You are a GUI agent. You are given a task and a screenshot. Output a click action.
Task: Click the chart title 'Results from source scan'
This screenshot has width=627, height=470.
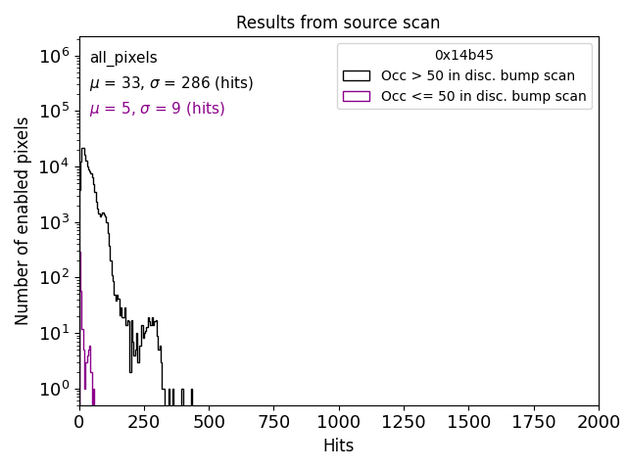click(x=338, y=23)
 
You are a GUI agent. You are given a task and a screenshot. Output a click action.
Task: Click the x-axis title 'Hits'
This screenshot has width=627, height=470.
click(x=338, y=446)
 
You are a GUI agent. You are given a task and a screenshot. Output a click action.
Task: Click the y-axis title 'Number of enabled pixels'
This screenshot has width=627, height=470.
click(x=23, y=220)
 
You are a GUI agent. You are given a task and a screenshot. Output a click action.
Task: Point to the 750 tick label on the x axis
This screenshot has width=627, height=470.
click(x=273, y=421)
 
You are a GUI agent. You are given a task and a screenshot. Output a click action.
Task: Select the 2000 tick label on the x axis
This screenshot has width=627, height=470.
click(x=598, y=421)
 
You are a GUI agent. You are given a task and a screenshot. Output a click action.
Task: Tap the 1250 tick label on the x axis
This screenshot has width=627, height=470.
click(x=403, y=421)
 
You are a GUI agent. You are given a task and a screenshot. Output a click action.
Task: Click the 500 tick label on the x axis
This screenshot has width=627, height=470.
click(x=209, y=421)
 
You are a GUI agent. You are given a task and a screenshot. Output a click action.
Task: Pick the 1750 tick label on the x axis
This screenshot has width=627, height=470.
click(x=533, y=421)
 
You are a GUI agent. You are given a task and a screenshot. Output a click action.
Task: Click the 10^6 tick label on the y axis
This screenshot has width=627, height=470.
click(x=53, y=57)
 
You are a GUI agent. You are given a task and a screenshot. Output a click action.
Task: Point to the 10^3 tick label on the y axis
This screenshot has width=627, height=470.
click(x=53, y=223)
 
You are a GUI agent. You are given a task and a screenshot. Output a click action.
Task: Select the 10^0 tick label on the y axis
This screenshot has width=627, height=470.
click(x=53, y=390)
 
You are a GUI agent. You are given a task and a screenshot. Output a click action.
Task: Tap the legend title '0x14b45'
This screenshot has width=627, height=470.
click(x=464, y=55)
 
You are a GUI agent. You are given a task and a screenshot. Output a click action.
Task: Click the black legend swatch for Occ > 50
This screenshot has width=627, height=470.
click(x=356, y=75)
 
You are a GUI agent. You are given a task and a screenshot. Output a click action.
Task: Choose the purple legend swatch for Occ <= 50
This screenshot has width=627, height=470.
click(x=356, y=96)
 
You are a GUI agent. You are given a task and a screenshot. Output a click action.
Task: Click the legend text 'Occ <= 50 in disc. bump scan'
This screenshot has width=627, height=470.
click(x=483, y=96)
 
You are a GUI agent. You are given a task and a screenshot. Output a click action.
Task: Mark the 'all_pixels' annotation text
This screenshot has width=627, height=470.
click(x=123, y=59)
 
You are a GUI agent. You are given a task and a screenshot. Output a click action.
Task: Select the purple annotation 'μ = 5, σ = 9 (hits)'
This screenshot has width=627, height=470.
click(x=157, y=109)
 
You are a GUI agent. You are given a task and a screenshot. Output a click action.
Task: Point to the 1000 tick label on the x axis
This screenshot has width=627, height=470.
click(x=339, y=421)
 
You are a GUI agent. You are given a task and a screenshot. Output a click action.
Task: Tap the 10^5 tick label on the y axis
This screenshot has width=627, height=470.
click(x=53, y=113)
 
